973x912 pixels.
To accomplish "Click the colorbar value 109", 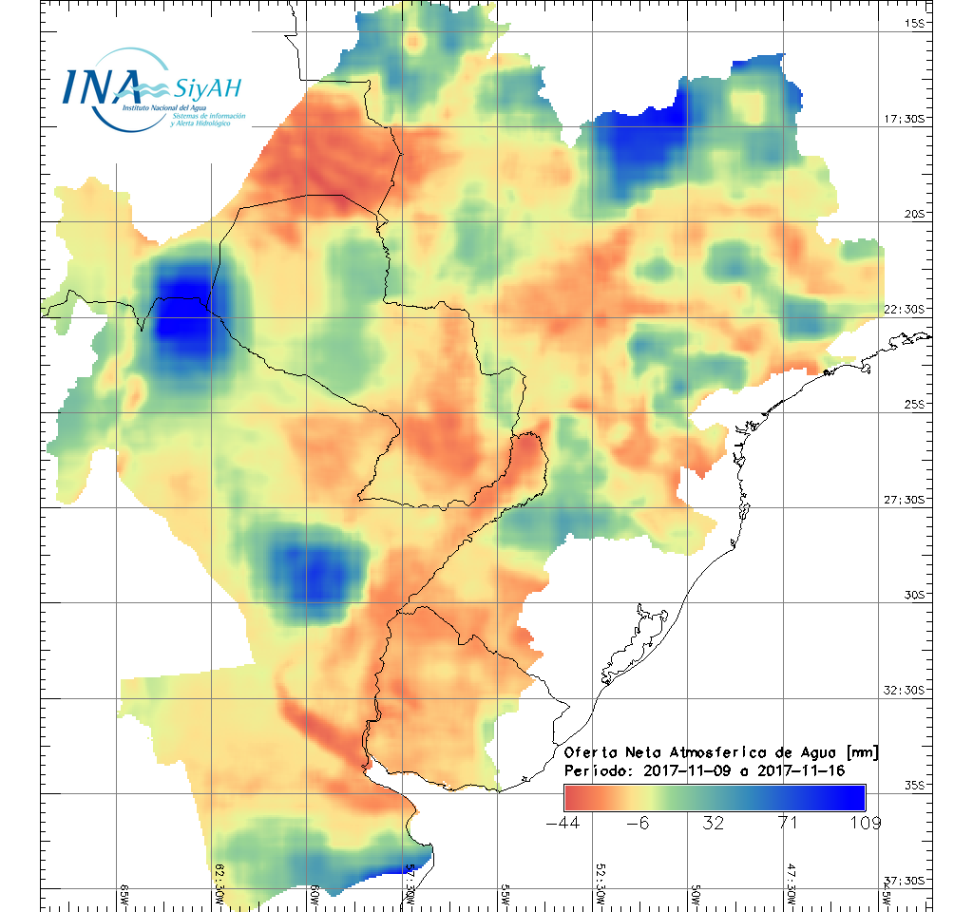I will coord(865,823).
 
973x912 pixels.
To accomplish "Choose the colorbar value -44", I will coord(563,823).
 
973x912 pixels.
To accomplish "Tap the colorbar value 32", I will coord(714,823).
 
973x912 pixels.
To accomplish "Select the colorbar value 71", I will coord(789,823).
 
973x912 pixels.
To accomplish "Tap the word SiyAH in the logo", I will coord(207,89).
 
